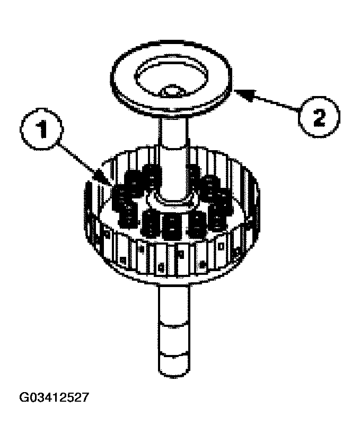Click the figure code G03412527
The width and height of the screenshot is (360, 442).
(53, 397)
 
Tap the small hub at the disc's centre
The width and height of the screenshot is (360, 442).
(172, 92)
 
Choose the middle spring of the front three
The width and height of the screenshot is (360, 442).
(172, 225)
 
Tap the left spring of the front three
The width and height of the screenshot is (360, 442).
(151, 223)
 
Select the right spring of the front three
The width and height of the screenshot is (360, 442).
(197, 223)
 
